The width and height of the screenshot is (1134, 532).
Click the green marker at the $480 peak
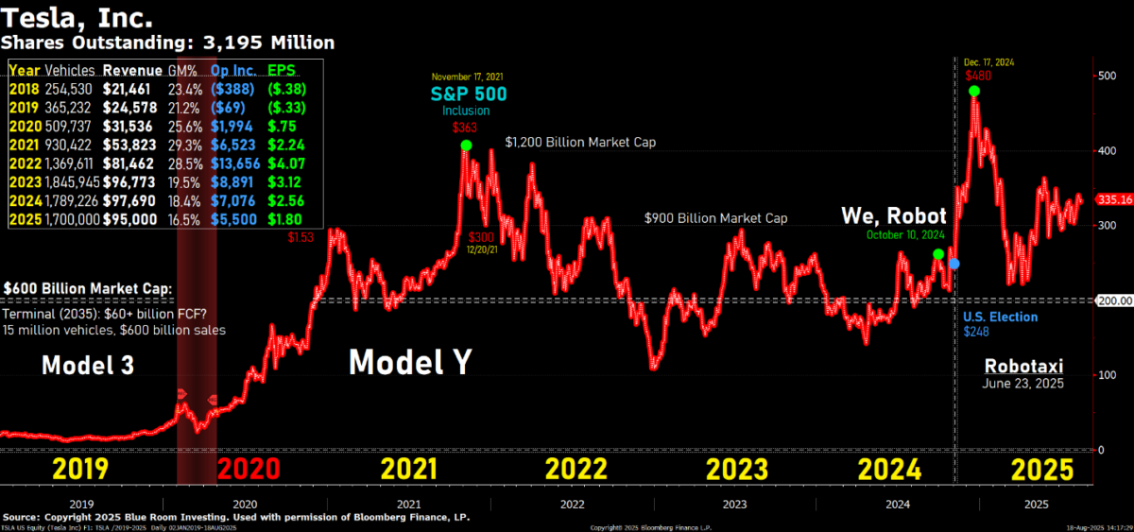pyautogui.click(x=974, y=92)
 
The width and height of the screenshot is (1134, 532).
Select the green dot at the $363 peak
pyautogui.click(x=467, y=146)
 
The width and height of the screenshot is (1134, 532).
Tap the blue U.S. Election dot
pyautogui.click(x=954, y=264)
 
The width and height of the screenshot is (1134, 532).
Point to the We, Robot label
pyautogui.click(x=894, y=216)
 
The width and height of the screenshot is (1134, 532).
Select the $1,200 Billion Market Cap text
pyautogui.click(x=580, y=143)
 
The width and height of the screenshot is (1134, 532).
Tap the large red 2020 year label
pyautogui.click(x=248, y=470)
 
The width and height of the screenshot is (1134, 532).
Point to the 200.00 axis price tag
pyautogui.click(x=1113, y=300)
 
